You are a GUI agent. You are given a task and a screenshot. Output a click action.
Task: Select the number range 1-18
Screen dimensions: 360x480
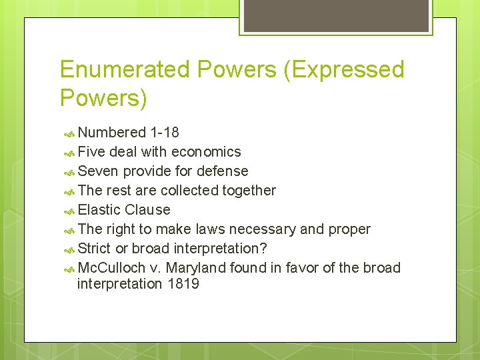165,133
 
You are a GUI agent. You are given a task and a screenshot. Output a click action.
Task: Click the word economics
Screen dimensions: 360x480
206,152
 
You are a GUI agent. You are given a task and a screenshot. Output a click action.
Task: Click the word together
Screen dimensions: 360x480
249,191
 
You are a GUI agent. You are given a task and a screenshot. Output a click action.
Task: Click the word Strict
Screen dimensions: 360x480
95,249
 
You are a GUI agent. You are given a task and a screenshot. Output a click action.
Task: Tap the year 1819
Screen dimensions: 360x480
183,285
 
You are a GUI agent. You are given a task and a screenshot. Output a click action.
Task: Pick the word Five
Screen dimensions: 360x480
92,152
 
